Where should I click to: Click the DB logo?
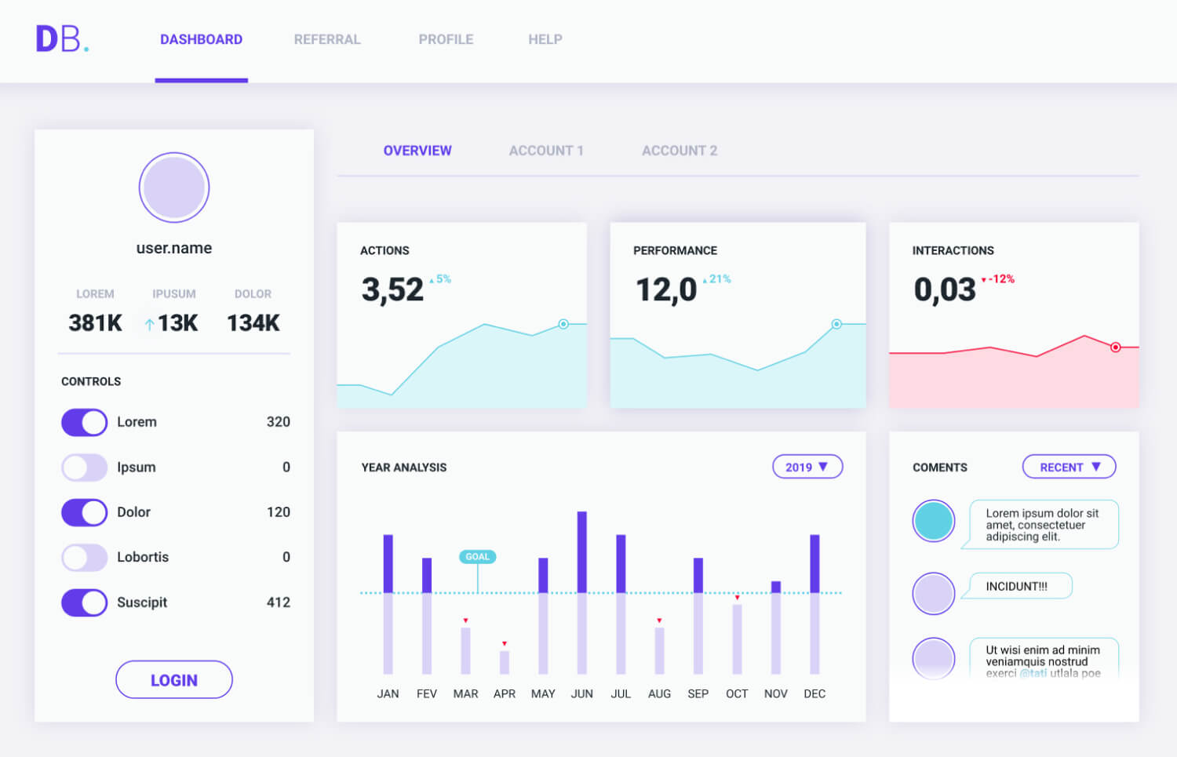(61, 39)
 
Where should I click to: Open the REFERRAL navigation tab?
(327, 39)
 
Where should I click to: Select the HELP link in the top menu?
(545, 39)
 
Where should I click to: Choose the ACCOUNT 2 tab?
(680, 151)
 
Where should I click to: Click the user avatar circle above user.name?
(174, 187)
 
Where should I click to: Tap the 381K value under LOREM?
(95, 322)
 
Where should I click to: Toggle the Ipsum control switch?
(84, 468)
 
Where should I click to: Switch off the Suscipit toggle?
(84, 602)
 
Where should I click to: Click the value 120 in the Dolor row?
(278, 512)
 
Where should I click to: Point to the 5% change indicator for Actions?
(442, 279)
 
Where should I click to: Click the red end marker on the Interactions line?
(1115, 347)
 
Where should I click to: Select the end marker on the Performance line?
(836, 324)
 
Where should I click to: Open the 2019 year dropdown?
(807, 467)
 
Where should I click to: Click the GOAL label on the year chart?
(477, 557)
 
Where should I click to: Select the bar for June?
(581, 592)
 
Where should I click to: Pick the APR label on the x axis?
(505, 693)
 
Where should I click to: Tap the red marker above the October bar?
(737, 598)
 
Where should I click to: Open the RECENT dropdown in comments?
(1069, 467)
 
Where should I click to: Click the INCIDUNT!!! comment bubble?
(1017, 586)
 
